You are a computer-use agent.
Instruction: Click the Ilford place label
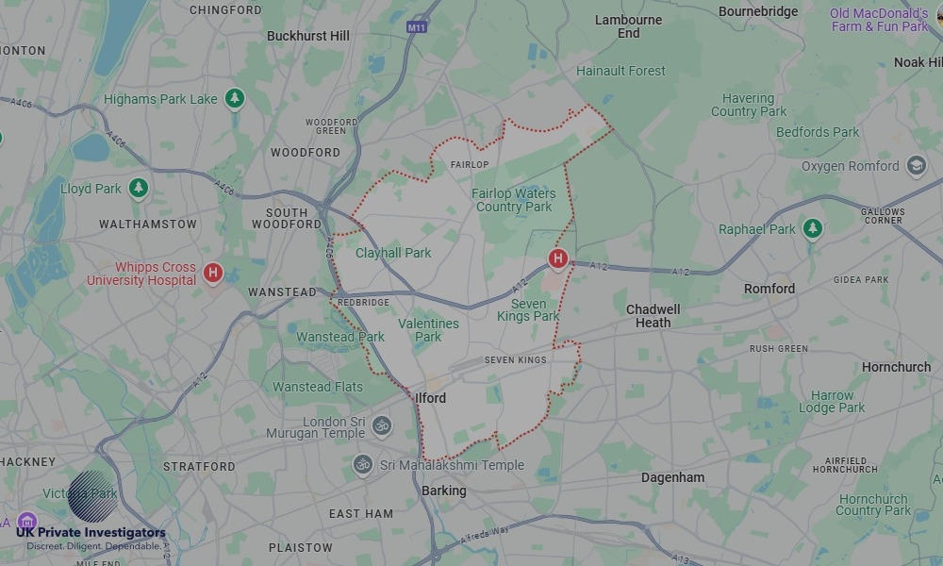(431, 398)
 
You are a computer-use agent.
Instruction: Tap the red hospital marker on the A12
(558, 258)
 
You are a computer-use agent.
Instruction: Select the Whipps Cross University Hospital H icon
(214, 274)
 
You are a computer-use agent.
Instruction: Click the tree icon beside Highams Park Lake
(235, 98)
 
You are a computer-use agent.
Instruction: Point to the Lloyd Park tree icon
(139, 188)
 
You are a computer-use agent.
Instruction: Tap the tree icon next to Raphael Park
(813, 228)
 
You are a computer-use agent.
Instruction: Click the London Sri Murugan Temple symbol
(381, 426)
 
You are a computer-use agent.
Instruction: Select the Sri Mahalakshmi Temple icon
(362, 464)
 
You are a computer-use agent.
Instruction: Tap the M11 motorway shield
(418, 27)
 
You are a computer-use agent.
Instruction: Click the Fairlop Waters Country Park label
(514, 200)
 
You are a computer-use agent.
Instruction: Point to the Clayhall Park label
(393, 253)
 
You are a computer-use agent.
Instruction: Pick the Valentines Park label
(428, 330)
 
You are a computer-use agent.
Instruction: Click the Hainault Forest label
(620, 71)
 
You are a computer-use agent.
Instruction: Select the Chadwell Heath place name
(653, 316)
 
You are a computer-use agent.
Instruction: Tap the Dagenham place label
(672, 477)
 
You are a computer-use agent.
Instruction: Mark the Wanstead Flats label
(318, 387)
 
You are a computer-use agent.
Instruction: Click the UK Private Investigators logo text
(91, 533)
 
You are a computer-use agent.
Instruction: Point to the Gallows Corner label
(883, 215)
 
